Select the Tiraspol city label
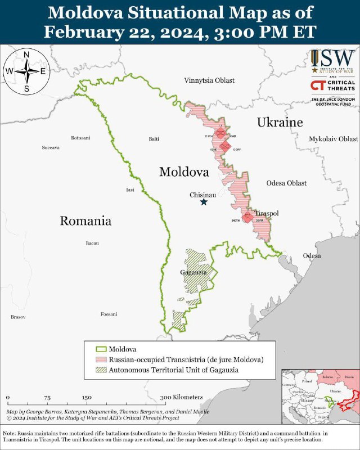(267, 213)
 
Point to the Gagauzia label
(190, 272)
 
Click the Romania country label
(85, 221)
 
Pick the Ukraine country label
(280, 122)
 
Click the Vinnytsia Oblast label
(209, 80)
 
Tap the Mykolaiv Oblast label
(333, 138)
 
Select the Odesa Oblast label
(287, 183)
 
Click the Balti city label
(153, 138)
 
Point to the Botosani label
(80, 138)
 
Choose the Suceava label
(51, 147)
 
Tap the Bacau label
(92, 244)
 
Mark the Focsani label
(109, 314)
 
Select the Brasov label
(18, 317)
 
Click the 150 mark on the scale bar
(87, 397)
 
